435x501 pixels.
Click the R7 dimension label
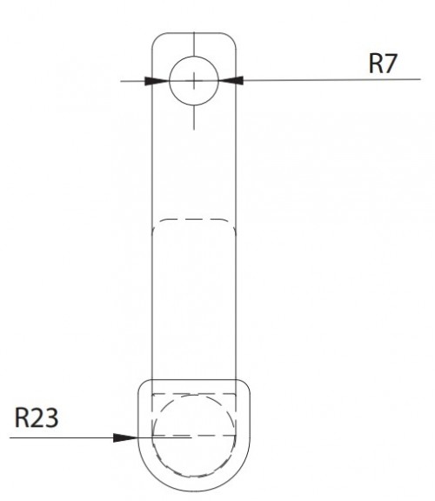point(384,64)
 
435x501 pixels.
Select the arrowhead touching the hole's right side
point(232,80)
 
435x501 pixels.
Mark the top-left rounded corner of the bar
point(157,39)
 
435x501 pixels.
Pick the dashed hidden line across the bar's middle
point(195,219)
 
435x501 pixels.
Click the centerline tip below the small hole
point(195,128)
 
